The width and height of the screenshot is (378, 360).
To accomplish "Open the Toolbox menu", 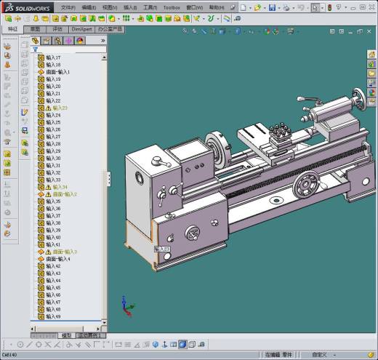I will [x=172, y=7].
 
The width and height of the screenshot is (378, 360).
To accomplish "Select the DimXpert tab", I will [x=81, y=29].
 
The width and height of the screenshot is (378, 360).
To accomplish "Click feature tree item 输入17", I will [x=53, y=57].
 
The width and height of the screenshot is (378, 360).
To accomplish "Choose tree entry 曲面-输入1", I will [x=57, y=72].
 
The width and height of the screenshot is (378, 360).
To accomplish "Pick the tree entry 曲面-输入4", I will [x=57, y=259].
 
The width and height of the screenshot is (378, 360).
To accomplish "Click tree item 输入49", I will [x=53, y=316].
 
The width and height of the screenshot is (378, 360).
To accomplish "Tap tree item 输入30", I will [x=53, y=158].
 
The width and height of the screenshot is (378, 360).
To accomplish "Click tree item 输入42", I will [x=53, y=266].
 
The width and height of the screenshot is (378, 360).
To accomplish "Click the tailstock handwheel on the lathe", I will [x=360, y=96].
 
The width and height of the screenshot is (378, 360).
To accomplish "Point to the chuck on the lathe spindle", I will [x=215, y=148].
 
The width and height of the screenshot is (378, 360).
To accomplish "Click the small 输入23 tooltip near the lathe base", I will [x=162, y=249].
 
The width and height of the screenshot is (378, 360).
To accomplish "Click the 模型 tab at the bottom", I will [x=67, y=335].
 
